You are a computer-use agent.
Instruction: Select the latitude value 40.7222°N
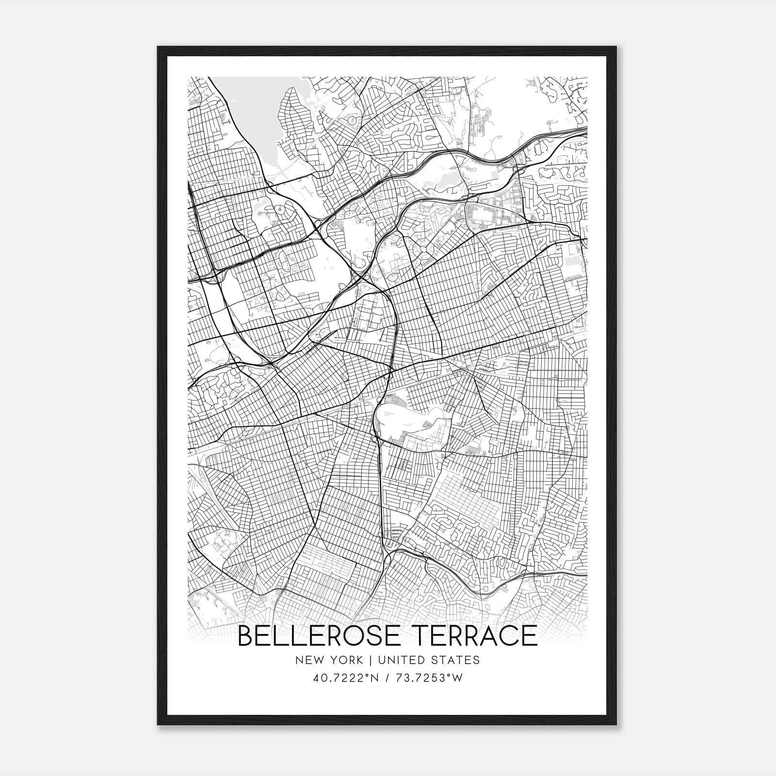[x=345, y=678]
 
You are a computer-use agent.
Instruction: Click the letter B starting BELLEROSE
[x=247, y=636]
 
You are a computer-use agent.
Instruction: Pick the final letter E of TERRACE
[x=530, y=636]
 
